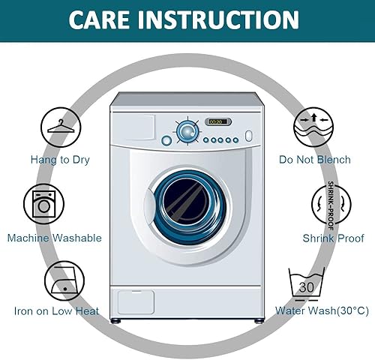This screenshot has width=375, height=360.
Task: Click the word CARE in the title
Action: tap(99, 19)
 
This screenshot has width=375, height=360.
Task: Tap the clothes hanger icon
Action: tap(61, 127)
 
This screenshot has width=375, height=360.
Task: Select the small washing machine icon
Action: tap(44, 204)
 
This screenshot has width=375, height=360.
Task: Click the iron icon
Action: tap(64, 280)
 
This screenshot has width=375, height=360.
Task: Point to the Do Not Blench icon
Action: tap(313, 127)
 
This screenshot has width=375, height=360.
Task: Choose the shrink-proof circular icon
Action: tap(331, 204)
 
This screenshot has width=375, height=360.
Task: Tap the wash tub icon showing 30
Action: tap(307, 284)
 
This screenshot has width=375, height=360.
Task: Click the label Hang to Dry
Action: tap(60, 160)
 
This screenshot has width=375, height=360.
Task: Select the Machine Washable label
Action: tap(55, 238)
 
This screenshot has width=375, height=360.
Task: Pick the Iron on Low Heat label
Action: tap(56, 311)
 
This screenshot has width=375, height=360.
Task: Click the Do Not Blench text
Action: tap(315, 160)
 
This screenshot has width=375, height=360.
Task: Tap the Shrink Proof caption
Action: tap(333, 238)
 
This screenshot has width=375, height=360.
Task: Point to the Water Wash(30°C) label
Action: tap(322, 310)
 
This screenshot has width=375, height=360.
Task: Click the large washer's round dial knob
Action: tap(187, 131)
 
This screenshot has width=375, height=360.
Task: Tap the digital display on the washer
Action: tap(218, 121)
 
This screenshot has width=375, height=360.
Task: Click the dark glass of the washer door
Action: tap(185, 202)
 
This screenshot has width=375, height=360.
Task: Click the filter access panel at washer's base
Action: tap(136, 302)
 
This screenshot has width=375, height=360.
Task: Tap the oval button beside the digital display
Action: tap(248, 136)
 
